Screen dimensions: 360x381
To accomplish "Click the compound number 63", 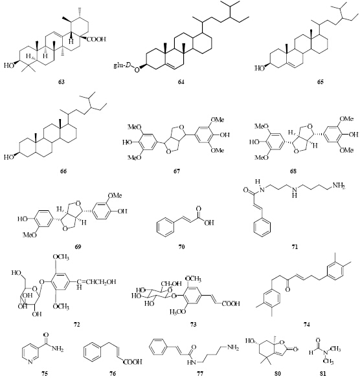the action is pos(62,82).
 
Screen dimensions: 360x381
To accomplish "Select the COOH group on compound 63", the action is pos(96,39).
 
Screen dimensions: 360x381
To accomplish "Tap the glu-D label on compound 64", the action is pos(122,65).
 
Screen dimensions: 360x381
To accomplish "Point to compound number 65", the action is pos(321,82).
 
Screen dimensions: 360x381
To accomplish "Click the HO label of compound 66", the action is pos(8,157).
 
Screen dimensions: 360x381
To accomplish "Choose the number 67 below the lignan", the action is pos(177,171).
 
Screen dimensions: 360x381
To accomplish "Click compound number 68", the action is pos(293,171).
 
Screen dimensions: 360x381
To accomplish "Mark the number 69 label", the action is pos(78,246).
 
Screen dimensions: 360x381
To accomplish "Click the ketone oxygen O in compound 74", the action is pos(287,289).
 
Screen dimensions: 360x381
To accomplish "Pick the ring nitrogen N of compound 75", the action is pos(30,362).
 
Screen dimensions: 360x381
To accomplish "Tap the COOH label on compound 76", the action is pos(133,362).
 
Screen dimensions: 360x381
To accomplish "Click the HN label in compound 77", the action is pos(192,362).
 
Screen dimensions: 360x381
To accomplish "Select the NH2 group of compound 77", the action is pos(233,348).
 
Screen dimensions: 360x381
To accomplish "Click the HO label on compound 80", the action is pos(250,341).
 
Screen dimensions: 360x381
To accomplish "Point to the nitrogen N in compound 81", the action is pos(325,352).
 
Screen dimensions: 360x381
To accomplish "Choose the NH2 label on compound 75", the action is pos(58,349).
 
